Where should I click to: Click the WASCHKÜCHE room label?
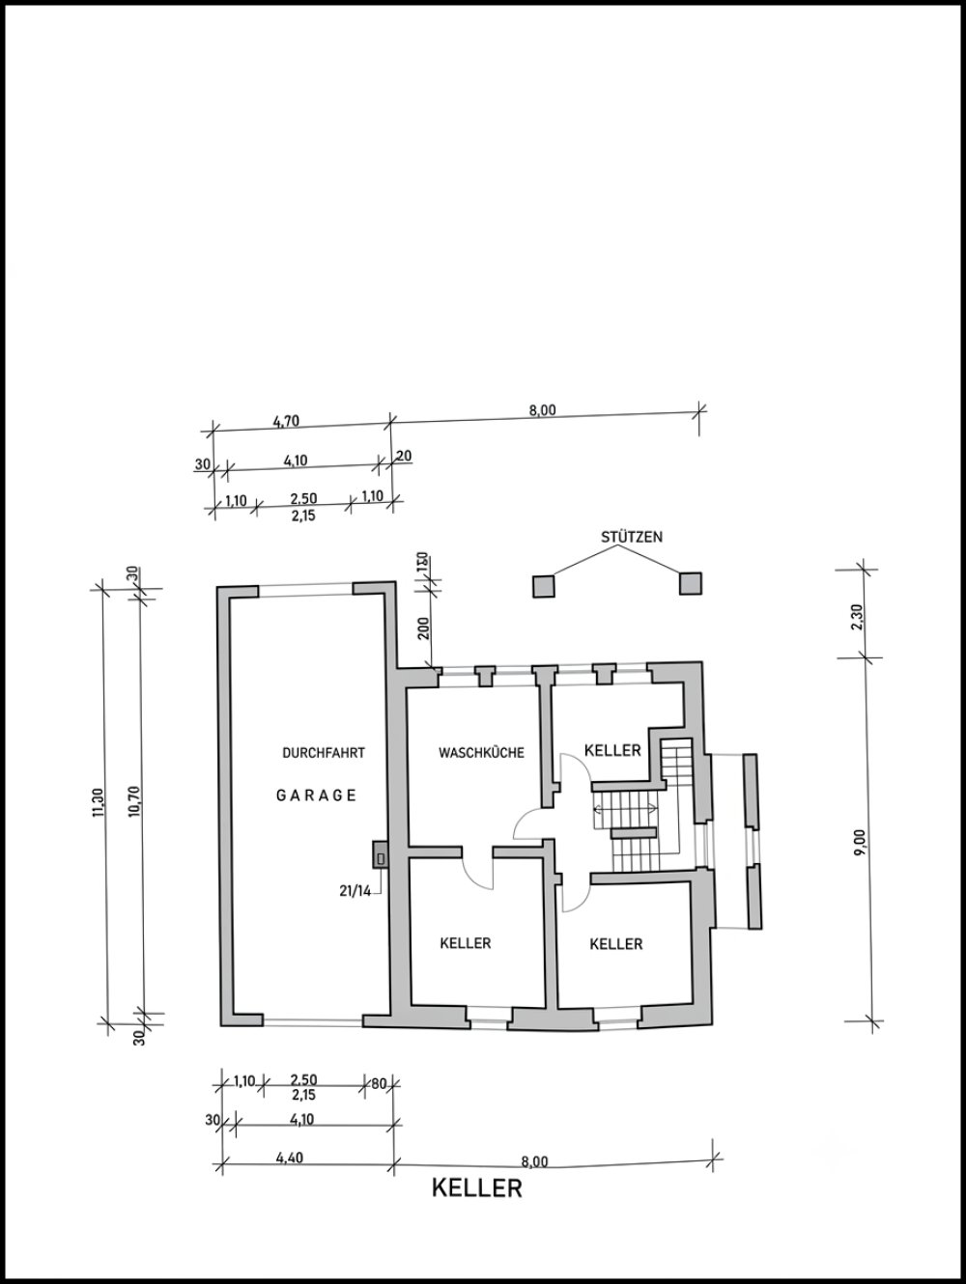click(481, 752)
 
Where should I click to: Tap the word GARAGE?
click(316, 795)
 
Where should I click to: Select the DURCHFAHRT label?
click(324, 752)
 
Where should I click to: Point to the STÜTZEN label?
click(632, 537)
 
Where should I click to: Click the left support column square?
click(544, 586)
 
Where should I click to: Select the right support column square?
click(691, 583)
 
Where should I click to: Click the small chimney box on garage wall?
click(381, 854)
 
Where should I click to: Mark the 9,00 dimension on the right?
click(859, 841)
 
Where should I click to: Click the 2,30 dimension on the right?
click(857, 617)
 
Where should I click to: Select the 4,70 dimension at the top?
click(286, 421)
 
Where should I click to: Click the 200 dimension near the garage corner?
click(425, 628)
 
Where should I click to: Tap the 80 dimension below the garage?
click(379, 1083)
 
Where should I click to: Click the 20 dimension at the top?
click(405, 455)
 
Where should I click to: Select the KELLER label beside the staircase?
click(612, 750)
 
